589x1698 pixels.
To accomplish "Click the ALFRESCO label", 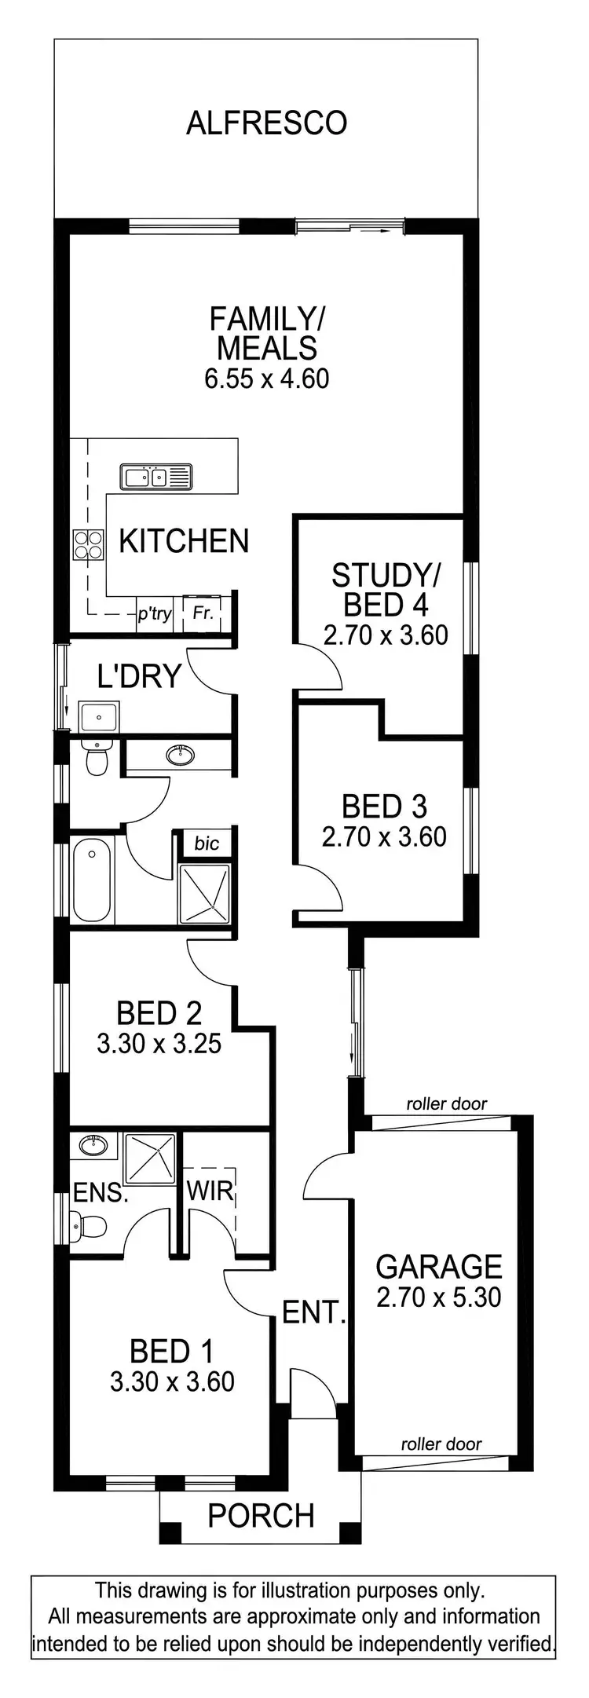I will [x=266, y=123].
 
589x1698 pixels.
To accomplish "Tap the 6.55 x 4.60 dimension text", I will [x=266, y=379].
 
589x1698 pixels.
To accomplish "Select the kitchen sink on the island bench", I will [x=155, y=477].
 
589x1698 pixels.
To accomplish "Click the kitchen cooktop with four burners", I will [x=88, y=544].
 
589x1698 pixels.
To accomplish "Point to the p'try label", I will [x=154, y=613].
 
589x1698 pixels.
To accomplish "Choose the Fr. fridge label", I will [x=203, y=613].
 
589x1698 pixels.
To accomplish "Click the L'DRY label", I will [x=139, y=675].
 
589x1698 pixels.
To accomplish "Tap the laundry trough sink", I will [x=99, y=716].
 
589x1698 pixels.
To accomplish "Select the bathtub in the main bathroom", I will [x=92, y=880].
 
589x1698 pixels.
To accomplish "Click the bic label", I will [x=207, y=844].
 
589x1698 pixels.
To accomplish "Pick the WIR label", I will [x=210, y=1191].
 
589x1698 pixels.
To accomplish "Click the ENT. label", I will [x=313, y=1312].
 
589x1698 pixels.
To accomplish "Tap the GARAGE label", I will [x=438, y=1267].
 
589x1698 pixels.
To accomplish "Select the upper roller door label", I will [x=446, y=1103].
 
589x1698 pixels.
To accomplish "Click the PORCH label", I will [x=261, y=1515].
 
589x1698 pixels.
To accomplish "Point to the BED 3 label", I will [x=384, y=807].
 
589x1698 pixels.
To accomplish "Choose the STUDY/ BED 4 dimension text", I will [x=385, y=635].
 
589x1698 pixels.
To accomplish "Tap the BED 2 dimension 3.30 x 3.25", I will [x=159, y=1044].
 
